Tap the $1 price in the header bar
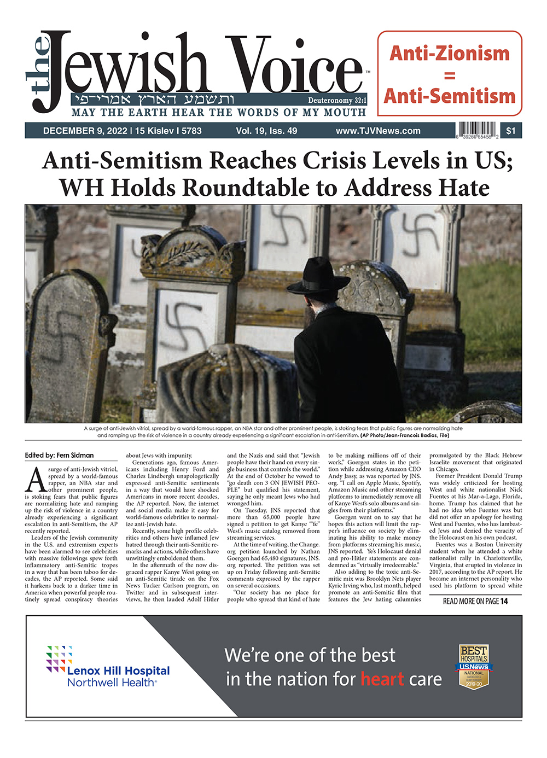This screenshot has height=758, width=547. pyautogui.click(x=510, y=131)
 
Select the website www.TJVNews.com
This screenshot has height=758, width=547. pyautogui.click(x=378, y=131)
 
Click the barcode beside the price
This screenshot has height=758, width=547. pyautogui.click(x=477, y=131)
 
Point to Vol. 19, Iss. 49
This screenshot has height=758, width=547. pyautogui.click(x=266, y=131)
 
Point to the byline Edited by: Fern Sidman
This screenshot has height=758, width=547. pyautogui.click(x=59, y=456)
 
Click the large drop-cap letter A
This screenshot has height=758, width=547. pyautogui.click(x=36, y=480)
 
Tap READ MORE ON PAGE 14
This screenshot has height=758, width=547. pyautogui.click(x=475, y=601)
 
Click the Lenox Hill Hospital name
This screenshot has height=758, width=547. pyautogui.click(x=118, y=671)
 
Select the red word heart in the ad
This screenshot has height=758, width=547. pyautogui.click(x=382, y=679)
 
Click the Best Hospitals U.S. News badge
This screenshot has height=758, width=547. pyautogui.click(x=474, y=666)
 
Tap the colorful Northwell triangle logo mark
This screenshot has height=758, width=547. pyautogui.click(x=59, y=658)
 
